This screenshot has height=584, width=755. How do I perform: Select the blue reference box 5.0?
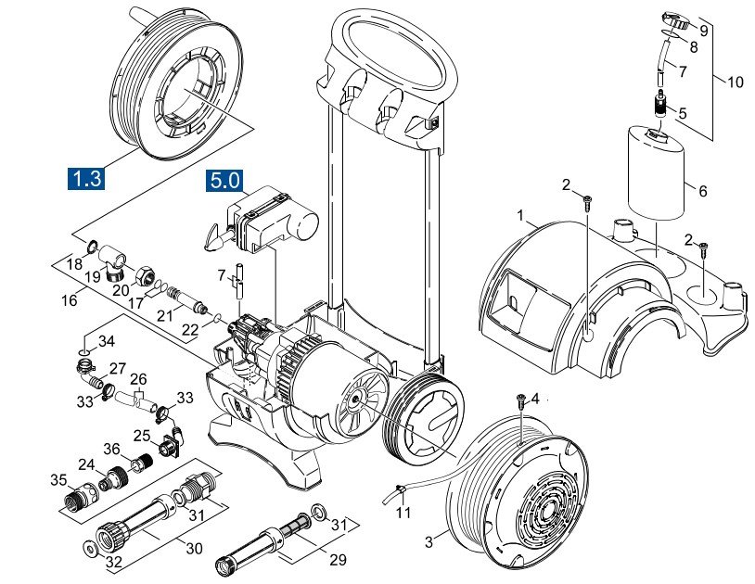click(x=224, y=180)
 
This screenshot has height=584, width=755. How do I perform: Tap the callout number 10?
click(x=735, y=83)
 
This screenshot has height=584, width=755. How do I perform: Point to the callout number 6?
click(x=702, y=192)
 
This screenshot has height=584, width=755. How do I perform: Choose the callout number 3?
click(x=429, y=540)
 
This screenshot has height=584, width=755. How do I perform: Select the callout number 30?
click(x=193, y=548)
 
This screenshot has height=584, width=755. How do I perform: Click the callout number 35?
click(x=58, y=479)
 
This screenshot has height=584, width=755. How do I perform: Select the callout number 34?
click(x=108, y=339)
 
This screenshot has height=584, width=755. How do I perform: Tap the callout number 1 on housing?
click(x=521, y=216)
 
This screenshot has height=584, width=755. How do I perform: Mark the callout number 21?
click(x=164, y=315)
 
